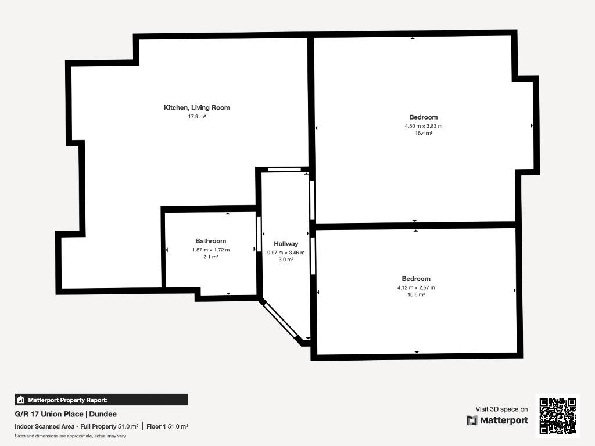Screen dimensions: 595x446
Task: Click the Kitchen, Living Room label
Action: pyautogui.click(x=196, y=107)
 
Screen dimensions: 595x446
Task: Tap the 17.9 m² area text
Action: pyautogui.click(x=196, y=117)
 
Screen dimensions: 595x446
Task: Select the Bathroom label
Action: pyautogui.click(x=210, y=241)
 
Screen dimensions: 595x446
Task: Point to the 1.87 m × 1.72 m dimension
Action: pyautogui.click(x=210, y=250)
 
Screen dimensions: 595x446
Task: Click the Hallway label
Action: pyautogui.click(x=286, y=244)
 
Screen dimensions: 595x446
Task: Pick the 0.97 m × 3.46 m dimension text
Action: pyautogui.click(x=286, y=253)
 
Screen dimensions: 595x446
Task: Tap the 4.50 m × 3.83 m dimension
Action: pyautogui.click(x=424, y=126)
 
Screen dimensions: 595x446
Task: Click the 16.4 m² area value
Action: pyautogui.click(x=424, y=133)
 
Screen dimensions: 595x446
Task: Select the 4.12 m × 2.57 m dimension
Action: pyautogui.click(x=416, y=288)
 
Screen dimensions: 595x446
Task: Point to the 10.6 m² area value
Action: pyautogui.click(x=416, y=294)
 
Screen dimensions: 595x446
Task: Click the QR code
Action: pyautogui.click(x=557, y=416)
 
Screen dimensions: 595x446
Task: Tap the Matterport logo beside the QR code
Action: pyautogui.click(x=497, y=420)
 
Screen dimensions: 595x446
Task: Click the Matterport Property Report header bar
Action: pyautogui.click(x=101, y=400)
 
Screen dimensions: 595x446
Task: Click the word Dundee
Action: pyautogui.click(x=103, y=414)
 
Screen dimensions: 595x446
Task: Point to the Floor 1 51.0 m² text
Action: pyautogui.click(x=167, y=427)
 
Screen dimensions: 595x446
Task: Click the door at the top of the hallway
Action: pyautogui.click(x=285, y=170)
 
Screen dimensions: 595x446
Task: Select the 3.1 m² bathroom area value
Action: pyautogui.click(x=210, y=257)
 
